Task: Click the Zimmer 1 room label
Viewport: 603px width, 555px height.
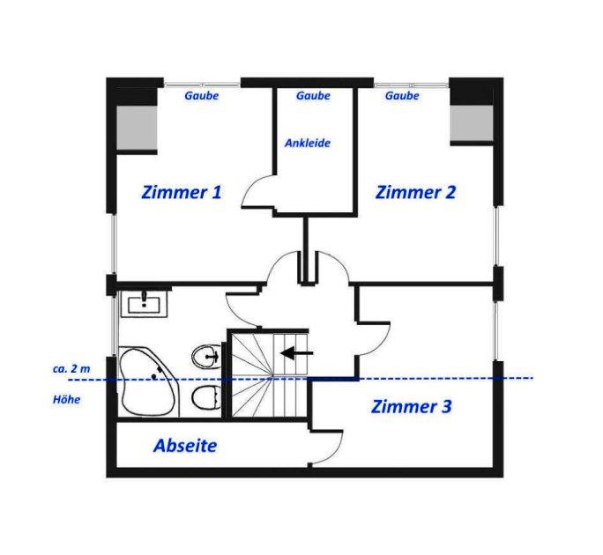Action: (182, 192)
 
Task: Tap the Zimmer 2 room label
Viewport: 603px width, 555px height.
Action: (415, 192)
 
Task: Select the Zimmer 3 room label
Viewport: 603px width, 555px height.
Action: (411, 407)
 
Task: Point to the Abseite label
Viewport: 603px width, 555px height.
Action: (185, 446)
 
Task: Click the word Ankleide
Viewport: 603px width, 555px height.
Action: (308, 144)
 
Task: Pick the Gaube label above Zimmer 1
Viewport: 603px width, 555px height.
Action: (202, 96)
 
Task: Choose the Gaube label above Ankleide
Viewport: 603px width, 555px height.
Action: (313, 96)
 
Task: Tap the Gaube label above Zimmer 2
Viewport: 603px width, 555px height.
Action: (402, 96)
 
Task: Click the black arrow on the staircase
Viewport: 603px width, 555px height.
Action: (296, 353)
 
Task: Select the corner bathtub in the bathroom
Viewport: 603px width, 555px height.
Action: (148, 381)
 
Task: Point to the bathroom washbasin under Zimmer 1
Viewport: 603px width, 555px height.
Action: (145, 304)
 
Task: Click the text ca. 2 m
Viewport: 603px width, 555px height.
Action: (71, 369)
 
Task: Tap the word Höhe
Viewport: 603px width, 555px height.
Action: (66, 400)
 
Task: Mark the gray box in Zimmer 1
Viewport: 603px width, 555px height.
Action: (137, 128)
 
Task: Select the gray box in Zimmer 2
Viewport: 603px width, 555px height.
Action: (472, 123)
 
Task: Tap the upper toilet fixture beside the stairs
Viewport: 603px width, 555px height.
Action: (206, 357)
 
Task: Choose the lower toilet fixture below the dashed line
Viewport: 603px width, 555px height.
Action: (206, 397)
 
